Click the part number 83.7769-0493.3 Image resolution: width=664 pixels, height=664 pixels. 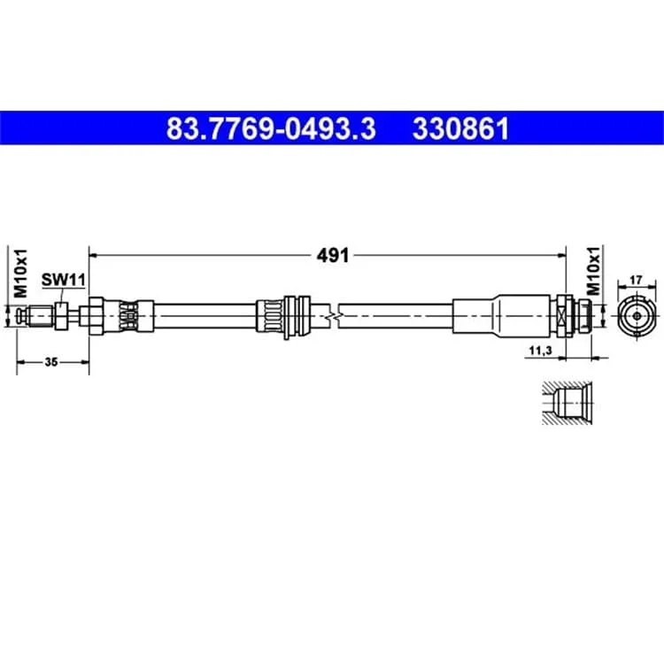(x=271, y=128)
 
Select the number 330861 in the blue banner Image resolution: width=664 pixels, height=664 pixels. (x=460, y=128)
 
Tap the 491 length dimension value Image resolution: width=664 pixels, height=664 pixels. (x=333, y=255)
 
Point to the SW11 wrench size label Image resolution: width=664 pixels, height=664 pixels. (x=64, y=280)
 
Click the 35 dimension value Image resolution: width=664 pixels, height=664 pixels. (x=51, y=362)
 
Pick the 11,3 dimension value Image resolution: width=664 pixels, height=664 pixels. (x=540, y=351)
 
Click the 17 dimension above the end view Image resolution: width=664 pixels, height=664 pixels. (x=636, y=280)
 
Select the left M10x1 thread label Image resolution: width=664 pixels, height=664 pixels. (x=20, y=274)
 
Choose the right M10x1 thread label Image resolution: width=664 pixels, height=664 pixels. (x=594, y=271)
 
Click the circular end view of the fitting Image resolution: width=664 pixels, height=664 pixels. (x=637, y=316)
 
